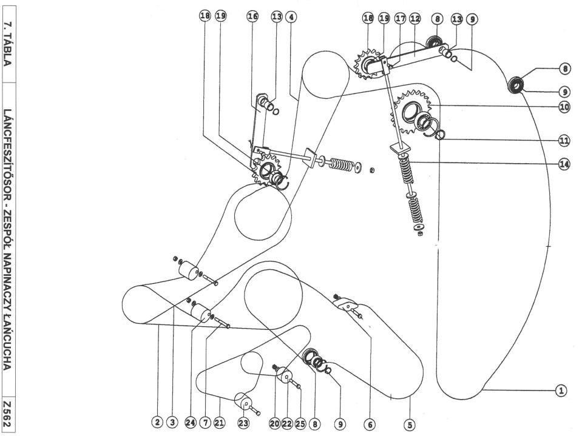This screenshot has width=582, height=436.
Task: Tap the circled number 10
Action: pos(564,106)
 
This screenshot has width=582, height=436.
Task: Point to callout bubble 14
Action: pos(564,164)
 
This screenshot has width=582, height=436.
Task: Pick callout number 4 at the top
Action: pos(292,18)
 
